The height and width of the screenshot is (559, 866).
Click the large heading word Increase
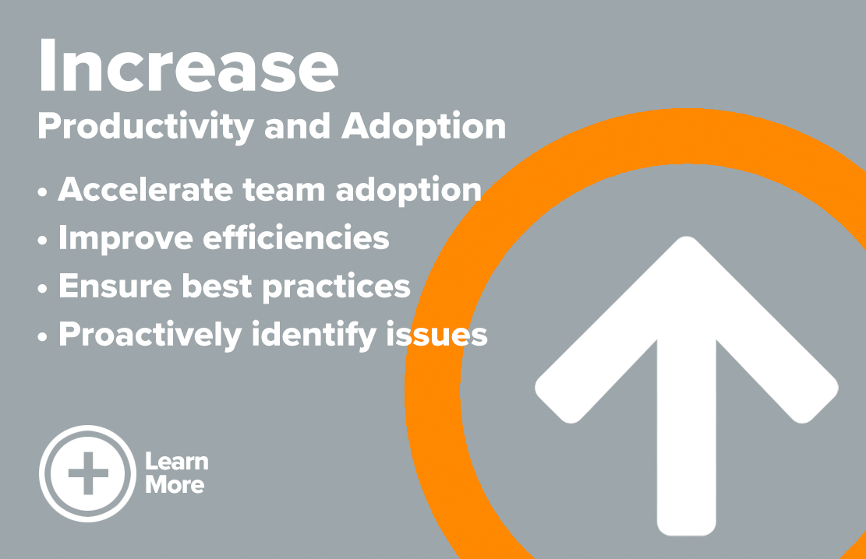189,65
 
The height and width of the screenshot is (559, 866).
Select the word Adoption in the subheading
423,128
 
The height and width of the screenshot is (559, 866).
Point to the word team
284,191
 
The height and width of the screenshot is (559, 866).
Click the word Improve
125,239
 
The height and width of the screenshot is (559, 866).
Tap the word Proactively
150,335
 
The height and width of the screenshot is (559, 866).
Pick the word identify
314,335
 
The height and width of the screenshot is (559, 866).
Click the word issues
437,335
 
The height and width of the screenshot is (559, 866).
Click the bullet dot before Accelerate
43,192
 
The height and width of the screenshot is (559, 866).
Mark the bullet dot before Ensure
43,289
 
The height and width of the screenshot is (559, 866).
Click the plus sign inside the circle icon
88,473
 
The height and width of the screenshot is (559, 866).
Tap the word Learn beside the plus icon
177,462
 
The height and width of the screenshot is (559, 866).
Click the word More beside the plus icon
175,484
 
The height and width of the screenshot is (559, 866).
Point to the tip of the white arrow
687,237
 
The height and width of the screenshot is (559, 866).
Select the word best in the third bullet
217,286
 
